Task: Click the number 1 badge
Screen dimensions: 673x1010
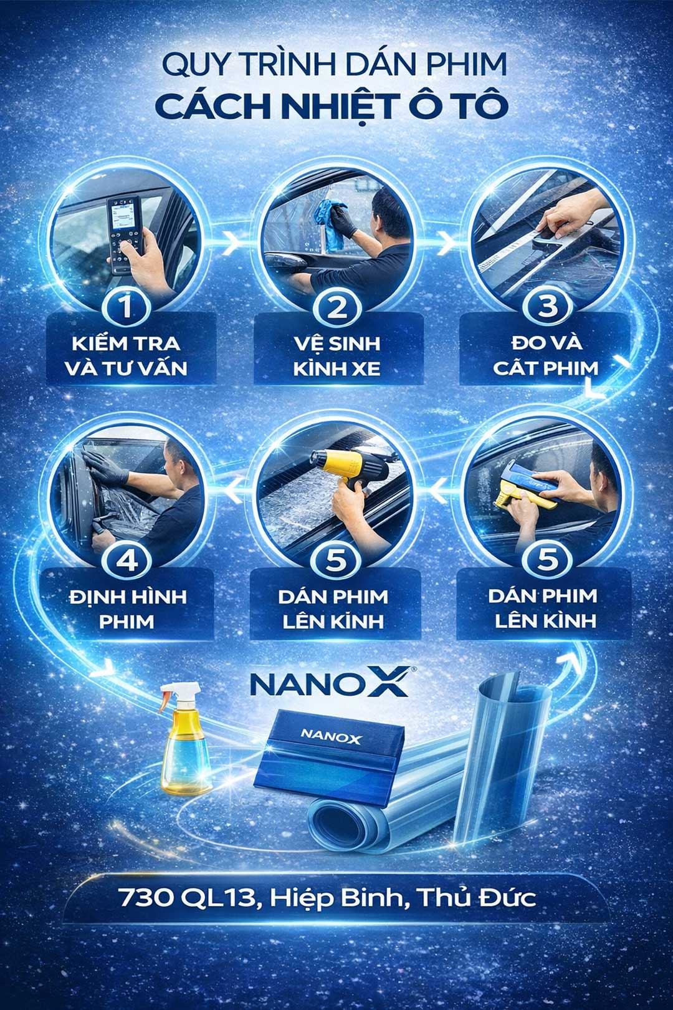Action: [126, 307]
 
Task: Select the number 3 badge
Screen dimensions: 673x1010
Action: [548, 307]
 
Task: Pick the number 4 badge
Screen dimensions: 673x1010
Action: [126, 561]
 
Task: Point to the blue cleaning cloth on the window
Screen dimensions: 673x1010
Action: [332, 224]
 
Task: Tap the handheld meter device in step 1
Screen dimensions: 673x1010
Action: [125, 234]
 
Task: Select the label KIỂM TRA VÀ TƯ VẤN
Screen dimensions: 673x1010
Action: [126, 356]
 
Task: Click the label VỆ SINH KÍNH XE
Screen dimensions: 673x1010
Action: [337, 356]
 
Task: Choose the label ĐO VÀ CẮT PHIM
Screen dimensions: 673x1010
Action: [546, 356]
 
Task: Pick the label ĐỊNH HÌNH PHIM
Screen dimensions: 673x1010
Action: [127, 609]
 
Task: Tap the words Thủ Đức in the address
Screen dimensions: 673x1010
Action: [476, 897]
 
